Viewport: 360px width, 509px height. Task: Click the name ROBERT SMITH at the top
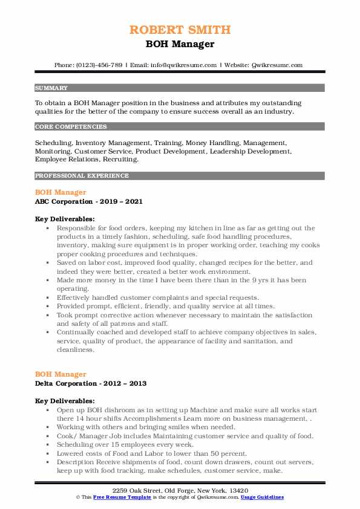point(180,30)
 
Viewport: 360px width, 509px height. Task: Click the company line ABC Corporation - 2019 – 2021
point(89,201)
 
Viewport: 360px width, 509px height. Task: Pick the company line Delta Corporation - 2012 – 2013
point(91,383)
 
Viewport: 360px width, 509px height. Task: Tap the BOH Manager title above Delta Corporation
point(61,374)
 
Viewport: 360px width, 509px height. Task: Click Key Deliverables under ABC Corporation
point(65,219)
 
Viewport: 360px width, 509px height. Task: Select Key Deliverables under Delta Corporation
point(65,400)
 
